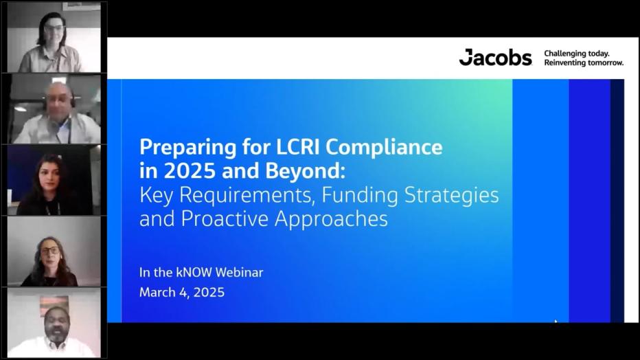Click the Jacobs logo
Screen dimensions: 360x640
[495, 58]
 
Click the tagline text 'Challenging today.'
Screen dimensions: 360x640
[577, 53]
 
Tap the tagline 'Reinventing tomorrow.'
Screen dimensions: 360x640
[584, 63]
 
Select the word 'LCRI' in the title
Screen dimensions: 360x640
[296, 147]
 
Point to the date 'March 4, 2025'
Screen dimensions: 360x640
[182, 292]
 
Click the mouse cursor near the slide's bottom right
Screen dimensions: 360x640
[556, 322]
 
